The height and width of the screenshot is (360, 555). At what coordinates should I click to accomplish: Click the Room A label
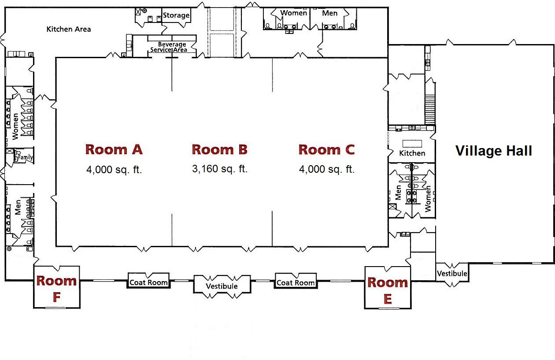point(114,149)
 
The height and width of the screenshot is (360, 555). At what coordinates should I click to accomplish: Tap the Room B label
point(220,149)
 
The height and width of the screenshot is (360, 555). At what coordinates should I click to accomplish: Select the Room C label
point(326,150)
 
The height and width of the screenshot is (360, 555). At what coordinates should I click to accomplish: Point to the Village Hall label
point(493,151)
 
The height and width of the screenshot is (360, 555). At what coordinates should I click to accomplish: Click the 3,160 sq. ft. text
point(220,169)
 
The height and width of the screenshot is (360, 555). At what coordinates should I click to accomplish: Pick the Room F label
point(56,289)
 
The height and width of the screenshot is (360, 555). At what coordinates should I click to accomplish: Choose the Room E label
point(388,290)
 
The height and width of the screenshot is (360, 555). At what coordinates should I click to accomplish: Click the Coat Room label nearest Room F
point(148,282)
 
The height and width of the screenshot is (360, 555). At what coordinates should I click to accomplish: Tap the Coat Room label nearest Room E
point(296,282)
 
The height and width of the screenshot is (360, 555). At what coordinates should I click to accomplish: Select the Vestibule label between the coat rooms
point(222,286)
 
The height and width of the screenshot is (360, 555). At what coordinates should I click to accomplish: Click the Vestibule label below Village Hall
point(452,274)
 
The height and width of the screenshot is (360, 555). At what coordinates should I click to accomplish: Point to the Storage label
point(176,15)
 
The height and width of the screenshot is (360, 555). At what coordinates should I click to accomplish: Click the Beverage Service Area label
point(169,47)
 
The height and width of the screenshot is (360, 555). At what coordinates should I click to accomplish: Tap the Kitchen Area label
point(69,29)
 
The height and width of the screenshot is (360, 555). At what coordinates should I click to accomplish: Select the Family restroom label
point(25,157)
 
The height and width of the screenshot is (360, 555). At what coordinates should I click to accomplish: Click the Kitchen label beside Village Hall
point(412,153)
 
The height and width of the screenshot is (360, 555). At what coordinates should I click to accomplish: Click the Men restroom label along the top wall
point(329,13)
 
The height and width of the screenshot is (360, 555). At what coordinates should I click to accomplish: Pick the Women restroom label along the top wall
point(294,13)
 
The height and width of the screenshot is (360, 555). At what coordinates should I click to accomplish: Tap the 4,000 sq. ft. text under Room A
point(114,170)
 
